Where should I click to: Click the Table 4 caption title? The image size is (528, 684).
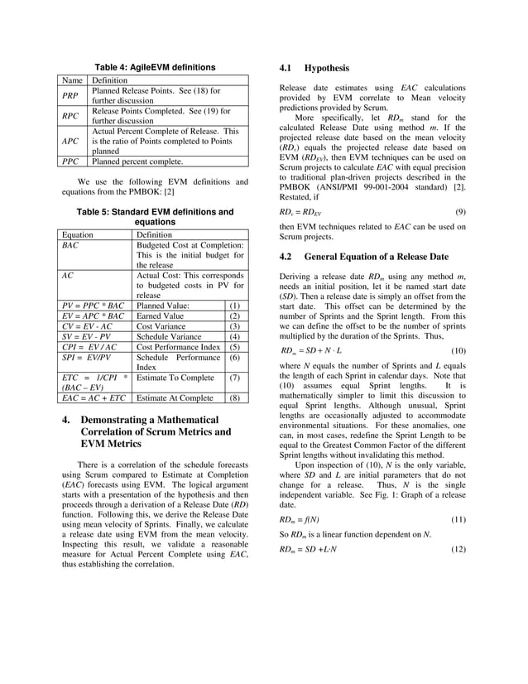(155, 67)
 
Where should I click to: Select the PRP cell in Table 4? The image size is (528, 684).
(71, 94)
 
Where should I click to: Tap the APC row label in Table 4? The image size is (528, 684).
(72, 141)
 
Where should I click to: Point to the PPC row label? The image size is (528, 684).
(71, 162)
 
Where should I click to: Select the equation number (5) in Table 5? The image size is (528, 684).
(234, 349)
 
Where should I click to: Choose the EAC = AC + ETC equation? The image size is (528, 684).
(91, 398)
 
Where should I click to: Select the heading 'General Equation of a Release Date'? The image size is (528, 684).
(379, 257)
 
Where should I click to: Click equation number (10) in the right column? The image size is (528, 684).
(458, 352)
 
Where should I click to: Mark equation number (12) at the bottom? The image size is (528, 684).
(458, 550)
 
